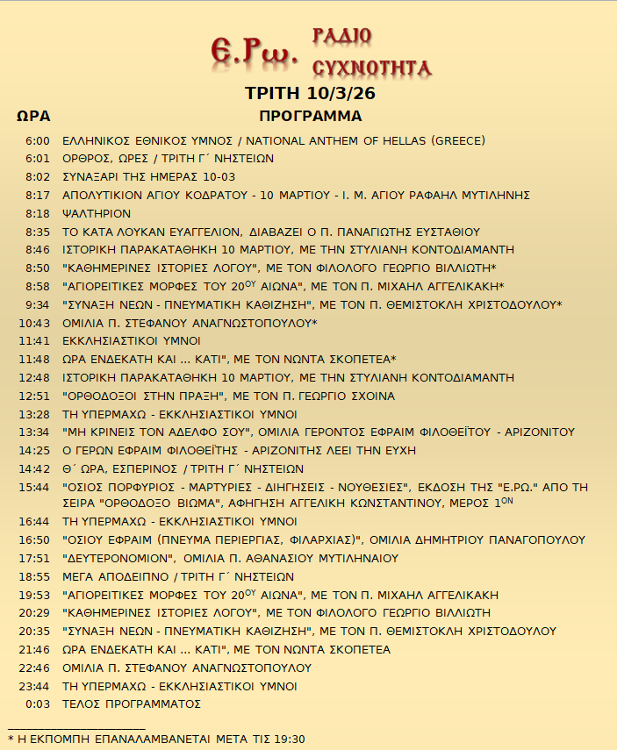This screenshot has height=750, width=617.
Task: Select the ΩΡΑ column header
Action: tap(33, 117)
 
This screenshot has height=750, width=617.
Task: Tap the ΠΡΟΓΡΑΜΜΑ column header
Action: tap(311, 117)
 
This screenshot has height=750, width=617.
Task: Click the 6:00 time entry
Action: tap(38, 141)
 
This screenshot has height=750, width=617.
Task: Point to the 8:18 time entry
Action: tap(38, 214)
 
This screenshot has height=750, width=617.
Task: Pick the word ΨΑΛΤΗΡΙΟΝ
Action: tap(97, 214)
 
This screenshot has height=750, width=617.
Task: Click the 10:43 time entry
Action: tap(34, 323)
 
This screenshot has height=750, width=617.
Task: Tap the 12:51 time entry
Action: tap(34, 396)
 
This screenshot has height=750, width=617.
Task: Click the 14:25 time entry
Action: tap(34, 450)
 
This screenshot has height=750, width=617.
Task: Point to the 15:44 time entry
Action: tap(34, 487)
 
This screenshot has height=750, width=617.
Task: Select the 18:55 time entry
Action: tap(34, 577)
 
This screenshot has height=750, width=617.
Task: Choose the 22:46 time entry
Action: tap(34, 668)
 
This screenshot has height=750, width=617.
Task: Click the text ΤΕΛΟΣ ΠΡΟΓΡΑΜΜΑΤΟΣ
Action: tap(132, 704)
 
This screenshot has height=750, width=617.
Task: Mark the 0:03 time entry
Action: tap(38, 704)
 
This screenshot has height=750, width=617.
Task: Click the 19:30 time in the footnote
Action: tap(290, 739)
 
